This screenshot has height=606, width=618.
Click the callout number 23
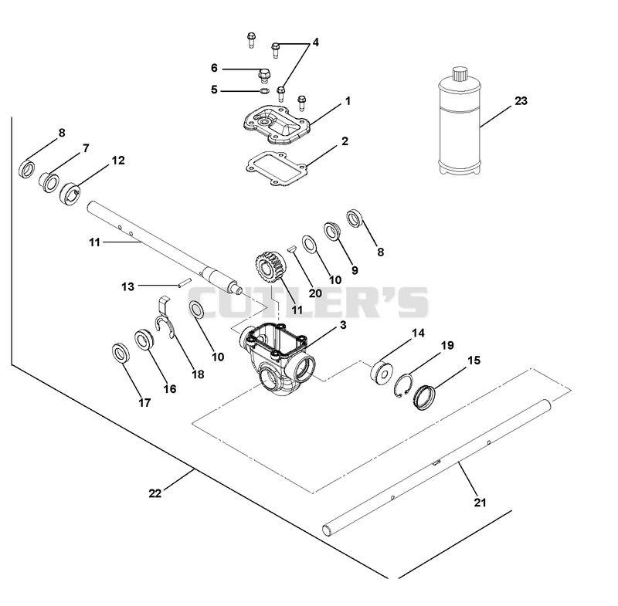tap(521, 101)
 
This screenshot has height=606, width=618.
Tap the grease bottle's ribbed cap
tap(459, 73)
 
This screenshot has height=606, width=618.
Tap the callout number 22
tap(155, 493)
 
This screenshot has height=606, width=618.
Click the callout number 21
tap(480, 503)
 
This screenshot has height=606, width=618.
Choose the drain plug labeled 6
tap(264, 76)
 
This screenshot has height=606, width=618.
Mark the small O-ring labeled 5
tap(264, 92)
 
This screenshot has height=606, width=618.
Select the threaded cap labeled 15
tap(424, 398)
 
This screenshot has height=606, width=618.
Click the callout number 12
tap(118, 161)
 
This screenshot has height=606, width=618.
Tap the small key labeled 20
tap(291, 249)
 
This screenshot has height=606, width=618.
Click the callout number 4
tap(315, 42)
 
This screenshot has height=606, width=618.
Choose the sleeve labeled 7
tap(49, 182)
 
